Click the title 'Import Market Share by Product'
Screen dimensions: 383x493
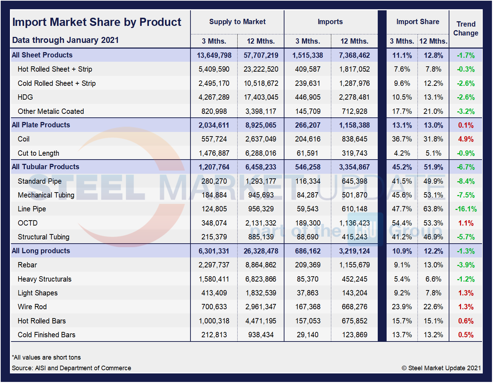pos(97,22)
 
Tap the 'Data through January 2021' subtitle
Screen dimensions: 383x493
pos(65,40)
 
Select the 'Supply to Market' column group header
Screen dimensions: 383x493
pos(237,22)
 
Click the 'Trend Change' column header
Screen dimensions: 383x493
pos(466,28)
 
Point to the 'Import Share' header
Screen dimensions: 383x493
pos(417,22)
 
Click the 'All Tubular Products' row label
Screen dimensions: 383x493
pos(45,167)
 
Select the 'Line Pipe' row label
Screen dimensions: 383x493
pos(32,209)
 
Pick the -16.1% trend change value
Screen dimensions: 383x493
pos(466,209)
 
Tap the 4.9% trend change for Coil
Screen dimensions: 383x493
pos(466,139)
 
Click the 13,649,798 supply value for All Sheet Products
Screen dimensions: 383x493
pos(214,55)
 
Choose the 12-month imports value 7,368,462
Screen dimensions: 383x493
pos(354,55)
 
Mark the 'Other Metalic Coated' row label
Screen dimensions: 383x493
pos(51,111)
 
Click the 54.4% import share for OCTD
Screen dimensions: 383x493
pos(402,223)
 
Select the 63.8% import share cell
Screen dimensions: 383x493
pos(433,209)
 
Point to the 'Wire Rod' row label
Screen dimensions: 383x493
pos(32,307)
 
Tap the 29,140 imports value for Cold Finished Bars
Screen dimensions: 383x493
pos(308,335)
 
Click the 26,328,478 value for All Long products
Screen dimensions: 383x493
pos(261,251)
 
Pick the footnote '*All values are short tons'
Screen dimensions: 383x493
pos(46,357)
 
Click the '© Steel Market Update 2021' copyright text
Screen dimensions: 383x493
pos(441,368)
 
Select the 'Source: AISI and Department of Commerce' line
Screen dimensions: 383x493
pos(71,368)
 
